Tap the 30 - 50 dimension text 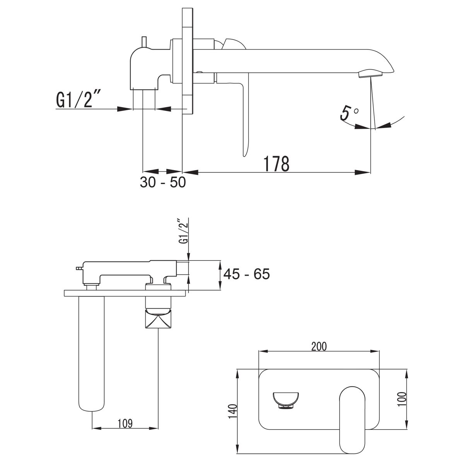(x=163, y=182)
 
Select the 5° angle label (x=349, y=113)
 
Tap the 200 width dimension (x=319, y=346)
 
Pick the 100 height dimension (x=402, y=399)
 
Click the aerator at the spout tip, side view (x=370, y=74)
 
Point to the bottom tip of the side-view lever (x=244, y=156)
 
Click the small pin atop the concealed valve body (x=144, y=43)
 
